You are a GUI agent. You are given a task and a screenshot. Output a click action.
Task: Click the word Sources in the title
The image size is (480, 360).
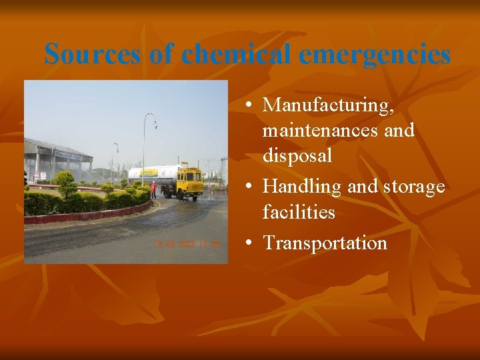[x=93, y=54]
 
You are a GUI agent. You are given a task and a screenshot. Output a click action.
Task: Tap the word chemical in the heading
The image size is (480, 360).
[x=235, y=54]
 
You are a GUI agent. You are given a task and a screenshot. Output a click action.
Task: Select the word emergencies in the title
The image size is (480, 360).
[x=375, y=54]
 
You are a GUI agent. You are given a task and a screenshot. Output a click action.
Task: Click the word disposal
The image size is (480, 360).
[x=297, y=155]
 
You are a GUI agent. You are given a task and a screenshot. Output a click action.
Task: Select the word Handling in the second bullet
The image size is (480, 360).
[x=303, y=187]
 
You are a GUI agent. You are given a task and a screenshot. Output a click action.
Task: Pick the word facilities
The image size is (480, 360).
[x=299, y=212]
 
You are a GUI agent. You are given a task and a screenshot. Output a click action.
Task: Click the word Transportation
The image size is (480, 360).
[x=325, y=243]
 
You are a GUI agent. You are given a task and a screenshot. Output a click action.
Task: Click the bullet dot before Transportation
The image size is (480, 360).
[x=248, y=243]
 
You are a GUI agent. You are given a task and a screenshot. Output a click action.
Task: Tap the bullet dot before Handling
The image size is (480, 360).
[x=248, y=187]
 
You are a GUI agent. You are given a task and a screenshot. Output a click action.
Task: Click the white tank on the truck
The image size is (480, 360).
[x=157, y=174]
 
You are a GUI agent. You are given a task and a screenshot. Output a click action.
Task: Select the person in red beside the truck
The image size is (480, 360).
[x=153, y=189]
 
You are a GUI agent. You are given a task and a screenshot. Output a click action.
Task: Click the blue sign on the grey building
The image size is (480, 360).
[x=69, y=155]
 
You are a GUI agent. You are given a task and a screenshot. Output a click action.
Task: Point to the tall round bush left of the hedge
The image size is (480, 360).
[x=65, y=183]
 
